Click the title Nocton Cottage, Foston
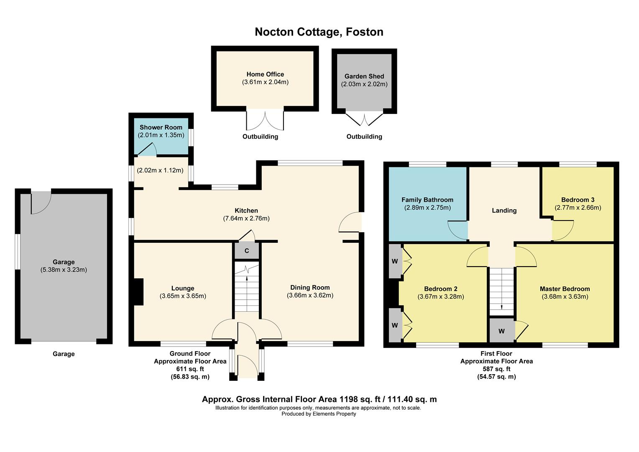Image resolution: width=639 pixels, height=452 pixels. point(319,32)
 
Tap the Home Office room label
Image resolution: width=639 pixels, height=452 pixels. point(265,74)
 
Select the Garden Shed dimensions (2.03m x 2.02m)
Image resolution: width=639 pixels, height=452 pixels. point(364,84)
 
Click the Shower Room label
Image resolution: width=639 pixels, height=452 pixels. point(161,127)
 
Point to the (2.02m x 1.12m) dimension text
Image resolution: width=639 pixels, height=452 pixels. point(160,170)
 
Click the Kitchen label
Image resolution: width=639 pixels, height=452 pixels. point(246,211)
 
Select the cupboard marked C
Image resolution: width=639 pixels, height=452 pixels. point(246,251)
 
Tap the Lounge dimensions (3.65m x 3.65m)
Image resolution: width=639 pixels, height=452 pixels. point(183,296)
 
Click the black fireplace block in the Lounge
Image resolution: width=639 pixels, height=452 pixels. point(138,292)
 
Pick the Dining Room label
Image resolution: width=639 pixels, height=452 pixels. point(310,288)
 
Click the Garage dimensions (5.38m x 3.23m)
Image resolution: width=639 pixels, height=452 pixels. point(64,270)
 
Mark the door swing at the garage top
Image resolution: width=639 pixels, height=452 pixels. point(41,202)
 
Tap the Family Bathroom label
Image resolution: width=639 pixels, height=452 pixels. point(427,200)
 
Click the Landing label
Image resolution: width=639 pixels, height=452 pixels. point(504,211)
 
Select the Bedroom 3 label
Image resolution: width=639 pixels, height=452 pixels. point(578,200)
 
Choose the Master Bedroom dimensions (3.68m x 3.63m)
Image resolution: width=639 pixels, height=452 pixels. point(565,297)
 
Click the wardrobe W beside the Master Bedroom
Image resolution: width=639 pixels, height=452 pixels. point(501,331)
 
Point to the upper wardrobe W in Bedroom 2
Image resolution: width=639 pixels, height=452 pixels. point(394,262)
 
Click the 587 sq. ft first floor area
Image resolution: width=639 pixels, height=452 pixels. point(496,369)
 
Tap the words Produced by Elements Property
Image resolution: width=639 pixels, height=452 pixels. point(319,414)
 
